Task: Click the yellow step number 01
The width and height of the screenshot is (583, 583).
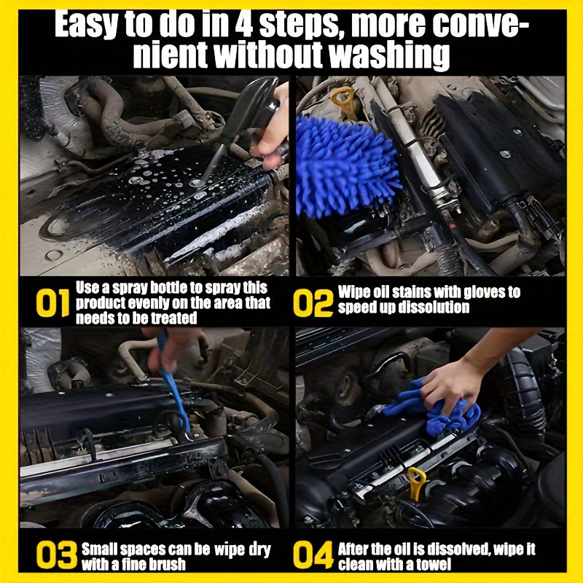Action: pos(52,303)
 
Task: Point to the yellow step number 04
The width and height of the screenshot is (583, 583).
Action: pos(313,556)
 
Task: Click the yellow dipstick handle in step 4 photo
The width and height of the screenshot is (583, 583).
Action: pos(416,482)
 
